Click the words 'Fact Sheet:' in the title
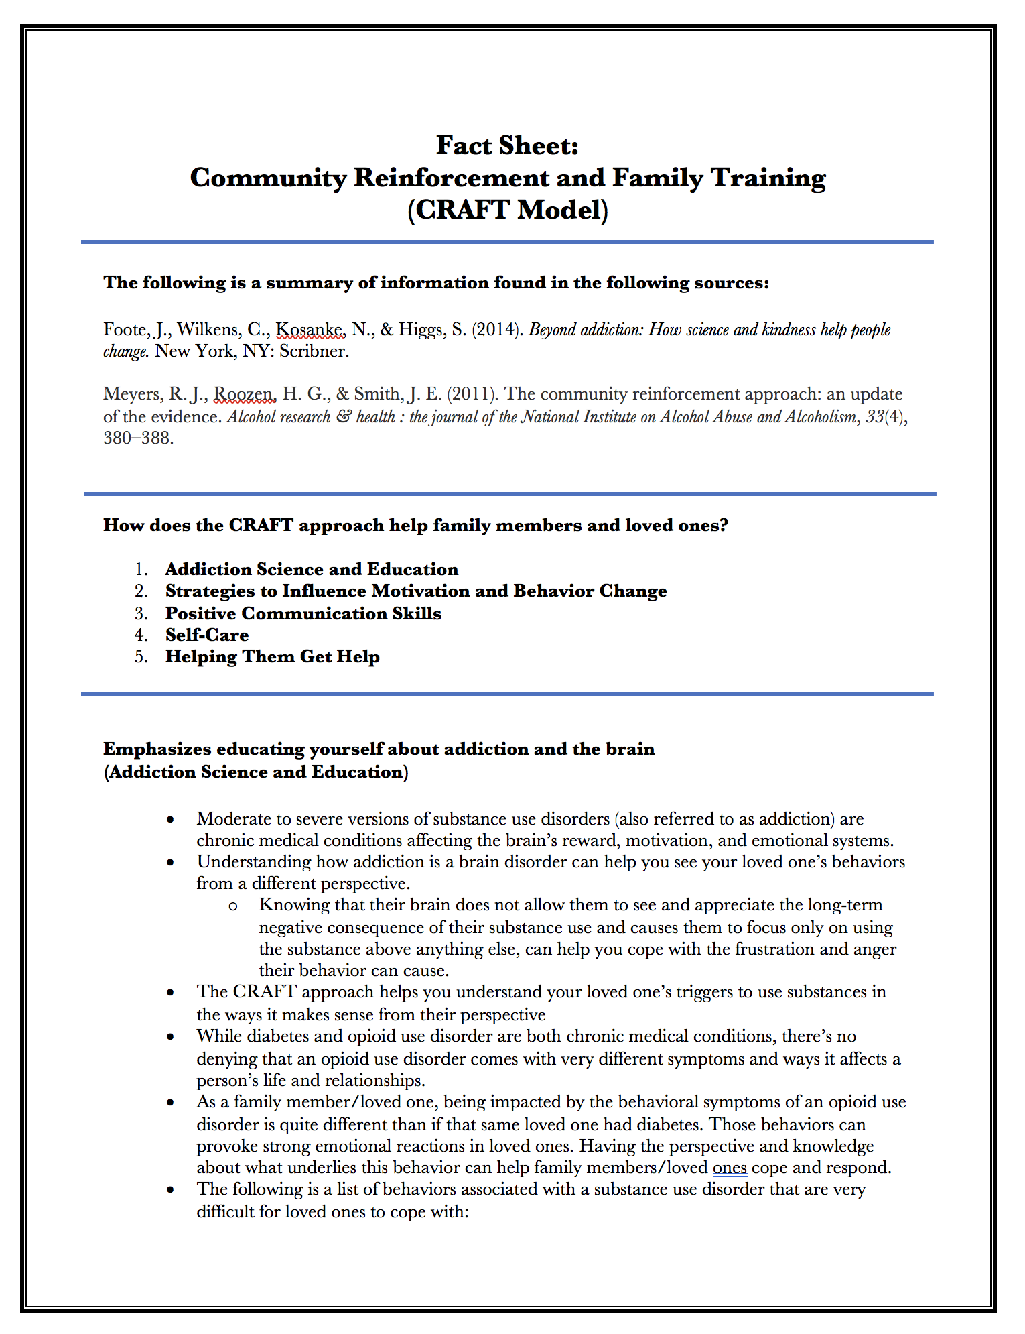pos(507,145)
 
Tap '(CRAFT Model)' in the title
pos(507,210)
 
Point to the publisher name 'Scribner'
pos(313,351)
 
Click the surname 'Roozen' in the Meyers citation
pos(245,394)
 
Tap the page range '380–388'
pos(138,438)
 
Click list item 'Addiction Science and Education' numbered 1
pos(312,569)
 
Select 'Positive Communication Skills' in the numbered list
pos(303,613)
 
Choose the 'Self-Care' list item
pos(207,635)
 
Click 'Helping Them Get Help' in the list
pos(272,656)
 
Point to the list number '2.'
pos(141,591)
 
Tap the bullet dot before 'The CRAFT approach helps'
pos(172,993)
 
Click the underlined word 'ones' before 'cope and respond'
pos(730,1168)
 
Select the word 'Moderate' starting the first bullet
pos(232,819)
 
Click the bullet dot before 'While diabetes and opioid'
pos(172,1037)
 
